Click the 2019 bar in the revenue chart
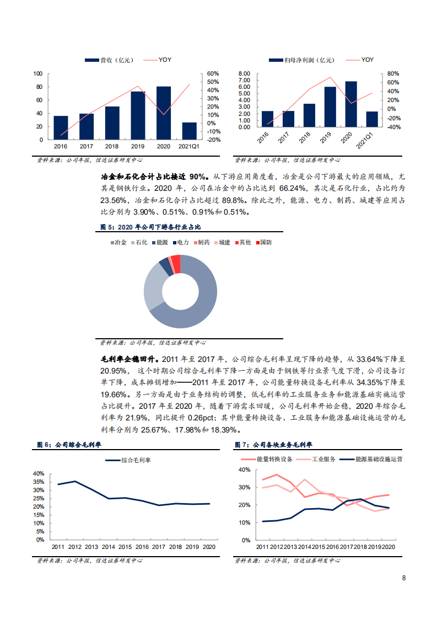tap(138, 115)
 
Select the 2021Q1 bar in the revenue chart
tap(189, 131)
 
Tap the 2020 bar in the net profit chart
tap(351, 104)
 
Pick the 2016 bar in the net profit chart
tap(267, 119)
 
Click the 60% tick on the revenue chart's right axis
tap(213, 73)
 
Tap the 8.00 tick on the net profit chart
tap(244, 73)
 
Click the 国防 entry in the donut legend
tap(266, 242)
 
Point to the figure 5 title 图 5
tap(106, 227)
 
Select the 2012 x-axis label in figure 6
tap(75, 547)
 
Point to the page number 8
tap(404, 578)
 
